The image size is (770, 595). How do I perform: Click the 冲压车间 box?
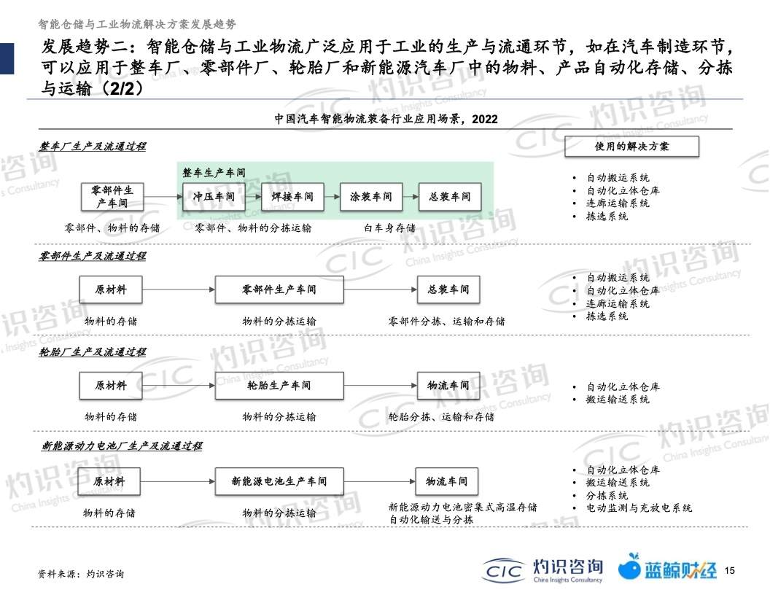214,197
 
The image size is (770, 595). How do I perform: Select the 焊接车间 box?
292,197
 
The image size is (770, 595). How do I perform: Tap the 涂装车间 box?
371,197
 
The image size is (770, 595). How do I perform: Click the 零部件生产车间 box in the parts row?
279,289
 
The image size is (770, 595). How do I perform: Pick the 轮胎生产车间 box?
279,386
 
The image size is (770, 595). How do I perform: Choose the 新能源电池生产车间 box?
279,481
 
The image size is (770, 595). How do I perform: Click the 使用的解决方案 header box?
631,147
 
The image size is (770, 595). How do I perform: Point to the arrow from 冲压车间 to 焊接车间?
254,197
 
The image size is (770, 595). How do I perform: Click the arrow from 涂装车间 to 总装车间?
411,197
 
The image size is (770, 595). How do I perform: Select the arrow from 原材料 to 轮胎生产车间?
179,386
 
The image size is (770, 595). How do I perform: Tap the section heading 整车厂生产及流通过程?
93,147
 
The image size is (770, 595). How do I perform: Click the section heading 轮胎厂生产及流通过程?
93,352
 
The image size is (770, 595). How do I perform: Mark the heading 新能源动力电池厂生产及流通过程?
122,446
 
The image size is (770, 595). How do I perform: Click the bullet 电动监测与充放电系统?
639,508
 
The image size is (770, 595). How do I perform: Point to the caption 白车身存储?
390,227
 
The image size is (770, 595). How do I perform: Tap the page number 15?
730,570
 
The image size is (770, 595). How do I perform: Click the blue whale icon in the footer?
629,567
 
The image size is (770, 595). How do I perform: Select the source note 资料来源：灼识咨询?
81,574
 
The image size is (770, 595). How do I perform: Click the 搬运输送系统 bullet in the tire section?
618,400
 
